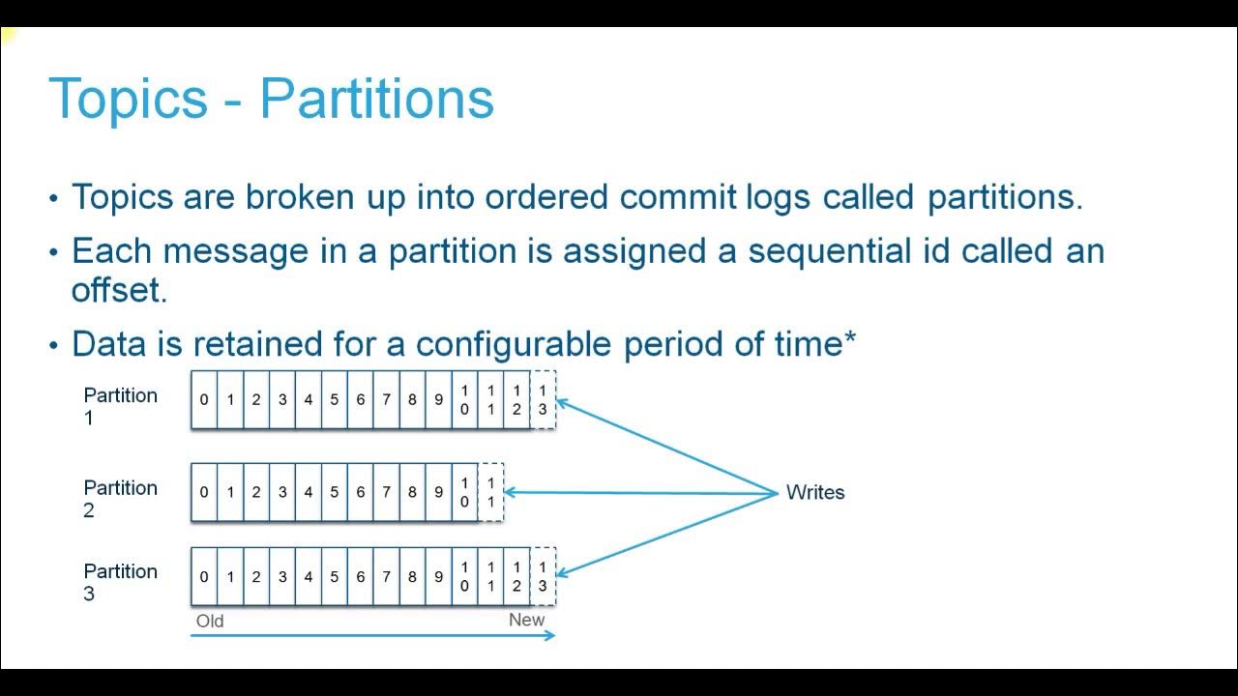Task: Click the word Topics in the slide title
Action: (128, 98)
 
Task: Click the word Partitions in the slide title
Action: (377, 98)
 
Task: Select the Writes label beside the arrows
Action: (814, 492)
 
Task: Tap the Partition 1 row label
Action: (120, 406)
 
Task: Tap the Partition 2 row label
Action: (120, 499)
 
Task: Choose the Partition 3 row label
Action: (120, 582)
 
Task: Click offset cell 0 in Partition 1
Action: (204, 399)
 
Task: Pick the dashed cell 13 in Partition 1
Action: (543, 399)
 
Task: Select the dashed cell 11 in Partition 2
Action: (491, 492)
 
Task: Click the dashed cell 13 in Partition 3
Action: (543, 576)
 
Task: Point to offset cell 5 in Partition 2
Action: (335, 492)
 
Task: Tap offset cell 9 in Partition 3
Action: (438, 576)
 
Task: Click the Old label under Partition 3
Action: (210, 621)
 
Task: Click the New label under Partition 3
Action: (526, 620)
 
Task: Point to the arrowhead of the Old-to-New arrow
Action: (550, 635)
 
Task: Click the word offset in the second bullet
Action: (119, 291)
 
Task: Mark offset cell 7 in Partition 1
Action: (386, 399)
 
